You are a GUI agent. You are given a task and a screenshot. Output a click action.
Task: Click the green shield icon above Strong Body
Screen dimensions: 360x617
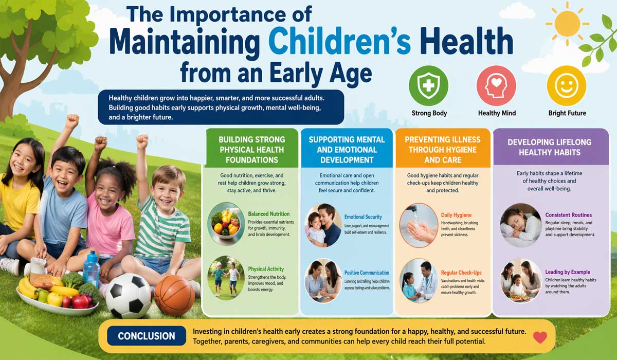click(429, 85)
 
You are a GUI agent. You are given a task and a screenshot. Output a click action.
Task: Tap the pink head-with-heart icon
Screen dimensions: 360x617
click(496, 85)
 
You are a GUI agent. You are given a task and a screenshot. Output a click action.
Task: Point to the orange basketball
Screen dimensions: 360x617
click(174, 295)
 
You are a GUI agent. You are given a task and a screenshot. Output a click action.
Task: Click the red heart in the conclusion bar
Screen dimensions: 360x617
click(540, 337)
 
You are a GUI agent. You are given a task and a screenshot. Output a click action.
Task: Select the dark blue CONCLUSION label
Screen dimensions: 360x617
click(146, 336)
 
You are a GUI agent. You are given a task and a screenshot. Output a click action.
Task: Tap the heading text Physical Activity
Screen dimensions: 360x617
click(266, 269)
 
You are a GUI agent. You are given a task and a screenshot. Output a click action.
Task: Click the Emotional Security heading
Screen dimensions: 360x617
click(363, 217)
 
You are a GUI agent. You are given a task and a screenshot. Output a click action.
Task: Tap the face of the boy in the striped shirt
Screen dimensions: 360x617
click(168, 182)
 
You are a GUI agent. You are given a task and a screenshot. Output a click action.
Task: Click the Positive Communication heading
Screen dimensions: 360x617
click(367, 273)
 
